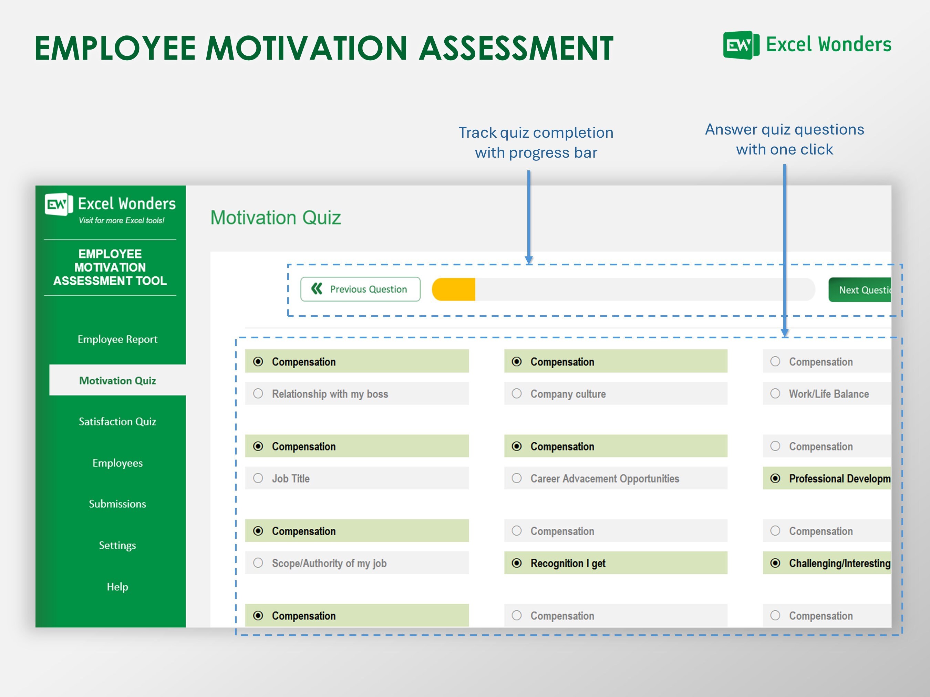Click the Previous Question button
[x=360, y=289]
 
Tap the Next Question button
[x=859, y=290]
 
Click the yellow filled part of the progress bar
[x=454, y=289]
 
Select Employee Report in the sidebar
[x=117, y=339]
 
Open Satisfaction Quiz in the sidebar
[x=117, y=421]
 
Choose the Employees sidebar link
[x=117, y=463]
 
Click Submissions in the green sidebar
[x=117, y=504]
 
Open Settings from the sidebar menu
[x=117, y=545]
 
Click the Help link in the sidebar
[x=117, y=587]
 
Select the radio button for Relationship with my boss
[x=258, y=394]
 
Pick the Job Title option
[x=258, y=478]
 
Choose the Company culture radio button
[x=517, y=394]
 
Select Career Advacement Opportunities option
[x=517, y=478]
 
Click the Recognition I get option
[x=517, y=563]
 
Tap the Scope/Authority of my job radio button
[x=258, y=563]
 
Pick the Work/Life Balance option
[x=775, y=394]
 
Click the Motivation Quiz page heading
[x=276, y=218]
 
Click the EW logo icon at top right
[x=741, y=45]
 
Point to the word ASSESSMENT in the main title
[x=516, y=48]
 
